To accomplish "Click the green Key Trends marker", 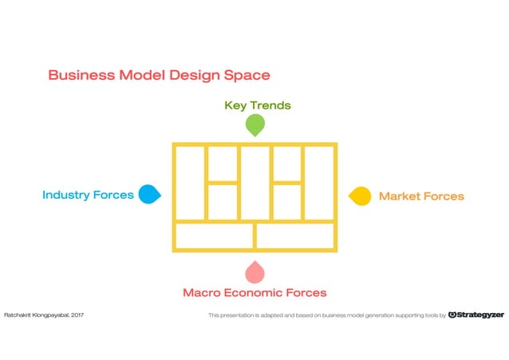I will [x=254, y=125].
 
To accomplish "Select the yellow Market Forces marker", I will [x=361, y=196].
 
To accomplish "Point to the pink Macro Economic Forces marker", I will [x=254, y=272].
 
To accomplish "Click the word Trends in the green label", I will [x=270, y=105].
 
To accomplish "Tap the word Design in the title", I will [x=192, y=75].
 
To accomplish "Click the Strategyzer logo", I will [x=476, y=315].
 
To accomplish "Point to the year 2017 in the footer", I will [x=77, y=315].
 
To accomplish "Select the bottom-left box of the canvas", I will [x=214, y=235].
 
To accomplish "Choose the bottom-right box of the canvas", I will [x=294, y=235].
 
